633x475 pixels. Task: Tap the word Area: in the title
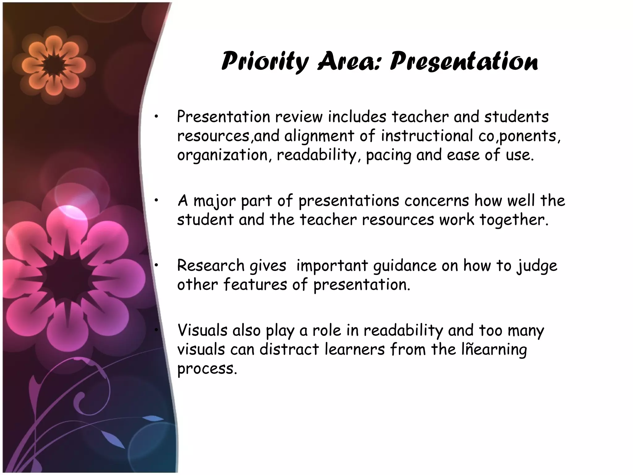349,61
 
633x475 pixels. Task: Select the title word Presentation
464,61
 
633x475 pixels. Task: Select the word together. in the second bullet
514,220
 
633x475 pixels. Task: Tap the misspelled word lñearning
494,349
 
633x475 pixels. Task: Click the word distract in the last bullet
289,349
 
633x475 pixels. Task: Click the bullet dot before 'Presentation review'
157,117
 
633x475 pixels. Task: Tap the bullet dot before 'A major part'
157,201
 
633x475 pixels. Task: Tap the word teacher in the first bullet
420,117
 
